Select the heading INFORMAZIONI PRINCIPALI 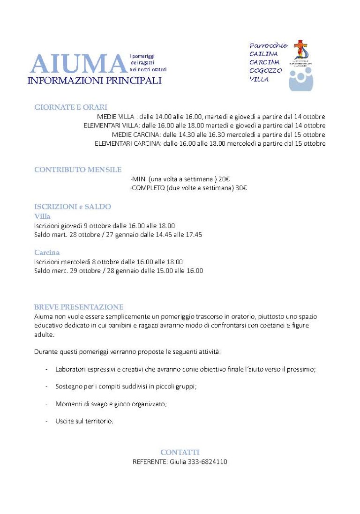(x=95, y=81)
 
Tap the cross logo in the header (x=300, y=49)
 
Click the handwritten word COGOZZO (x=266, y=71)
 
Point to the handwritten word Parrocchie (x=268, y=45)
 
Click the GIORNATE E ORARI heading (x=71, y=107)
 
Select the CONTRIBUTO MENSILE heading (x=78, y=170)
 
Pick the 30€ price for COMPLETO (x=241, y=188)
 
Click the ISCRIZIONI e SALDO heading (x=73, y=207)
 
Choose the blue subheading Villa (x=42, y=216)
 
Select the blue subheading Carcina (x=47, y=253)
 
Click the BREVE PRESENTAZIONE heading (x=79, y=307)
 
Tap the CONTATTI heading (x=180, y=452)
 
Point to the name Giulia (x=178, y=462)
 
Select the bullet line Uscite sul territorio (x=84, y=421)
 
